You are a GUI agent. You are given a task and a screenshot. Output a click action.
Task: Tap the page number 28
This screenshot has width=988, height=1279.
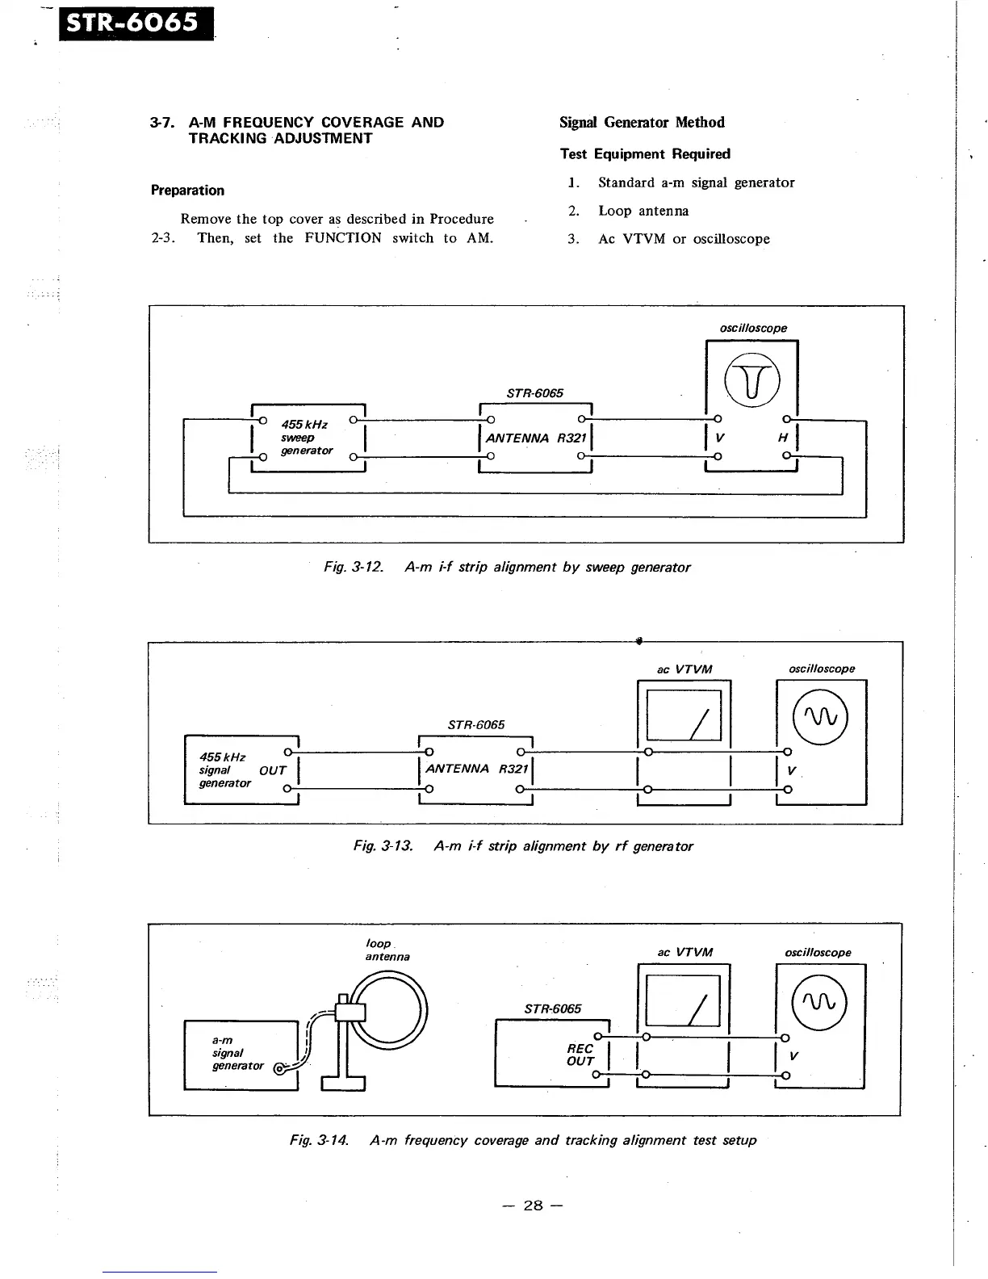tap(533, 1206)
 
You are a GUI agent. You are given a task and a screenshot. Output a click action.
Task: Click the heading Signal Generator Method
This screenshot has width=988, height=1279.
tap(642, 123)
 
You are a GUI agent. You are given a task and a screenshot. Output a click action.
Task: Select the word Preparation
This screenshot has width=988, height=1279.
tap(187, 191)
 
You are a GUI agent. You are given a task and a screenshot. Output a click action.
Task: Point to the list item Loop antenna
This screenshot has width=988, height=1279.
tap(643, 211)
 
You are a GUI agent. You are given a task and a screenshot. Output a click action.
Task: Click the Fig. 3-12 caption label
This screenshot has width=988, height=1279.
tap(353, 568)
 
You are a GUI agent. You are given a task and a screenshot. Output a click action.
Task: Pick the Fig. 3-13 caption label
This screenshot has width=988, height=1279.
tap(383, 846)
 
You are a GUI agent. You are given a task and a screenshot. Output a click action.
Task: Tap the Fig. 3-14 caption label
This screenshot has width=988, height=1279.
tap(319, 1140)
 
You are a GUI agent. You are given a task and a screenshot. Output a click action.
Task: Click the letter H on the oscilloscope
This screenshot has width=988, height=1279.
tap(782, 438)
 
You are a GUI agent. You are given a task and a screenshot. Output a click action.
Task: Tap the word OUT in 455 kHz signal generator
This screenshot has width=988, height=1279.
tap(273, 770)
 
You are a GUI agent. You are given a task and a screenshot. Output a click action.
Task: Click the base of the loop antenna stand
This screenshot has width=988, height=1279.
tap(343, 1083)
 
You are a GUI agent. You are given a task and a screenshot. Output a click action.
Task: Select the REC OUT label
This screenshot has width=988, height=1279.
tap(580, 1055)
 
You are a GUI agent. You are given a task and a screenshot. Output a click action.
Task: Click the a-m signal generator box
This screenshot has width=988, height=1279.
tap(241, 1055)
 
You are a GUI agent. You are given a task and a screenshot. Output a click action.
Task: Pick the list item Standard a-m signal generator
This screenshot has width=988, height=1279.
tap(696, 182)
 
